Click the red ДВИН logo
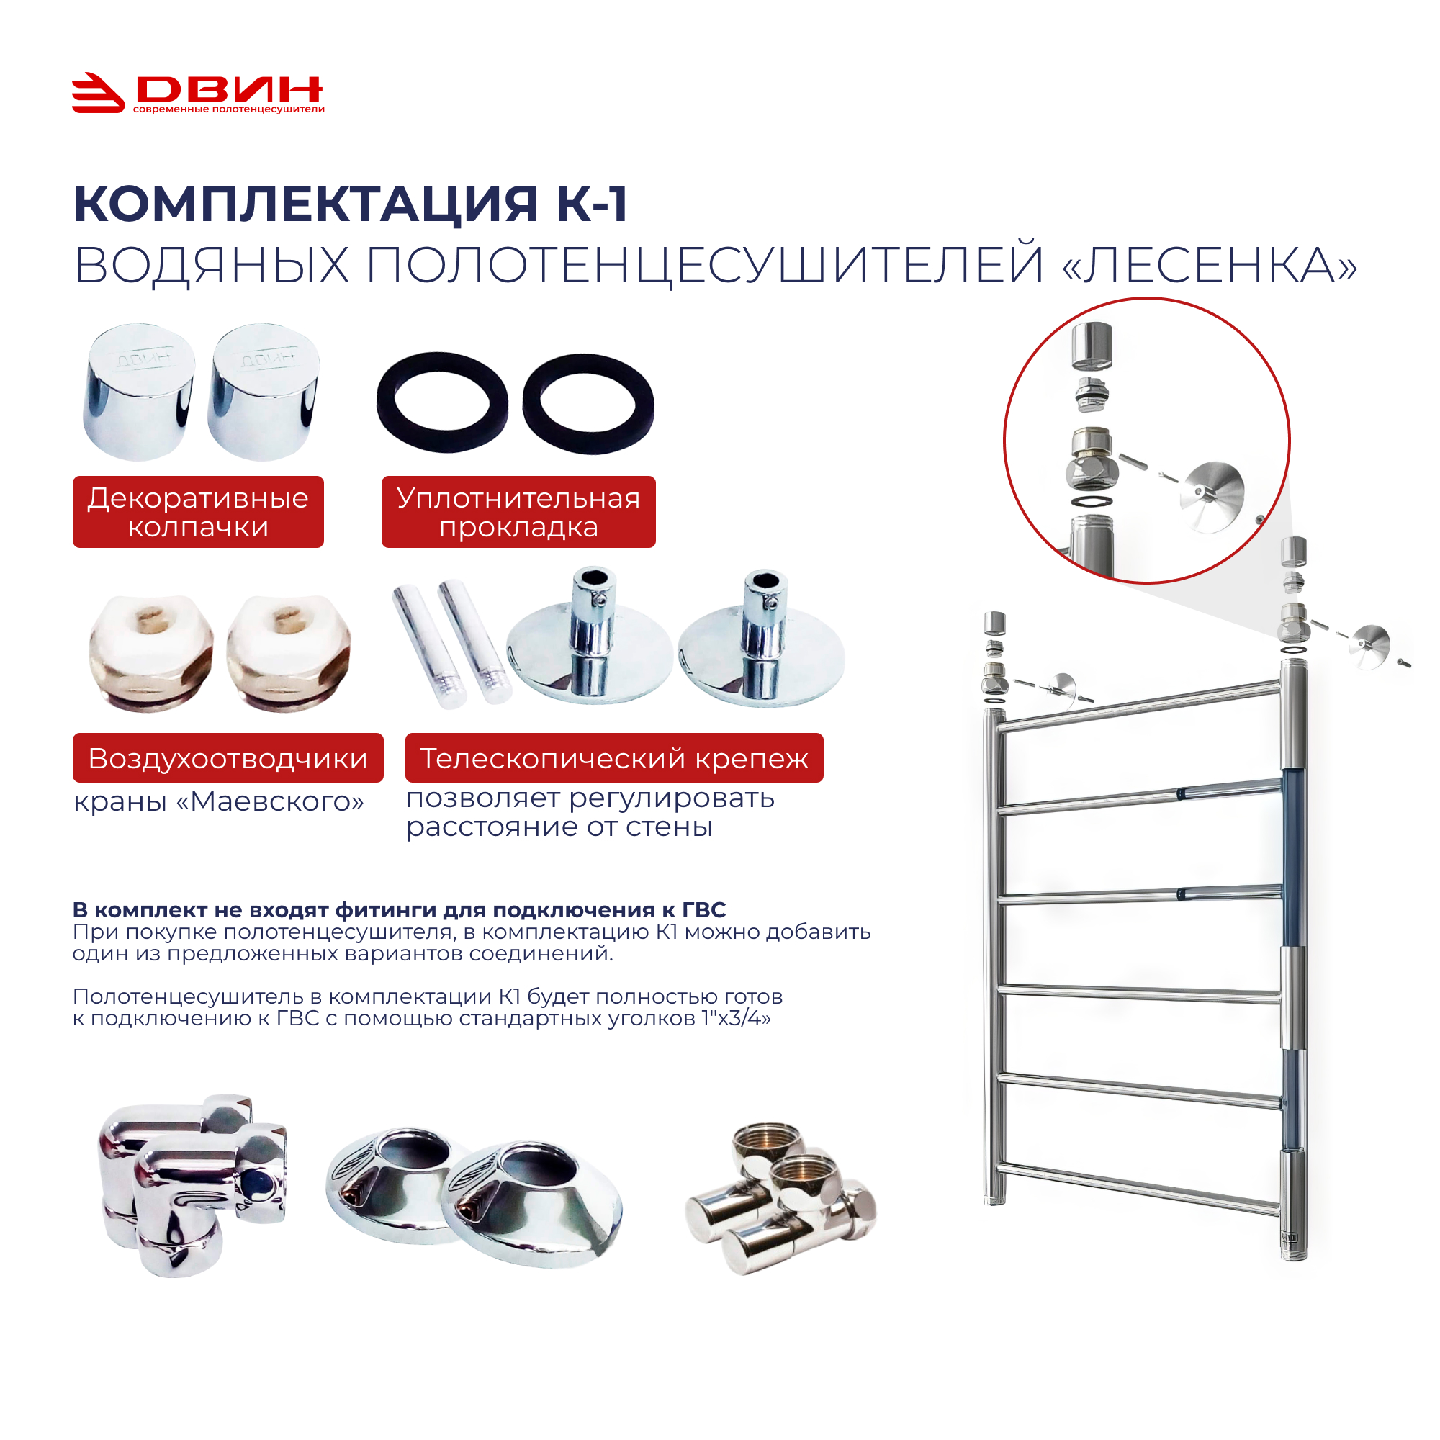click(197, 93)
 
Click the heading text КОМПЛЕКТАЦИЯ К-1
click(351, 204)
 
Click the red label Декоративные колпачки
click(198, 512)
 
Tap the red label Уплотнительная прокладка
click(518, 512)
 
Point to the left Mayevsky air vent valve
click(151, 653)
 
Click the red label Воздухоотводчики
click(228, 758)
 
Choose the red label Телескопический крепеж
click(614, 758)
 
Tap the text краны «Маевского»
click(218, 802)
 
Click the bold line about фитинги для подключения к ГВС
click(399, 910)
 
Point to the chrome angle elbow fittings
click(193, 1185)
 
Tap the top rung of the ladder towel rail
click(1140, 704)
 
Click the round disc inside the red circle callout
click(1211, 497)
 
